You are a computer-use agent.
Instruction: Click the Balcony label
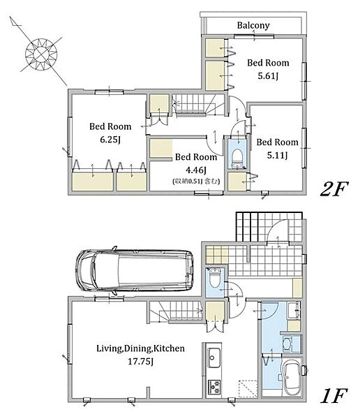pyautogui.click(x=253, y=25)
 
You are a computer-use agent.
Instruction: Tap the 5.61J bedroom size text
pyautogui.click(x=268, y=76)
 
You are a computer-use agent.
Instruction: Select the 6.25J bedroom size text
pyautogui.click(x=110, y=139)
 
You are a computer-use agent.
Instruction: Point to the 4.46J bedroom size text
pyautogui.click(x=196, y=170)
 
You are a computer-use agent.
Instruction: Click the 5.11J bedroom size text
pyautogui.click(x=277, y=155)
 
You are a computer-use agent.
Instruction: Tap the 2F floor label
pyautogui.click(x=334, y=189)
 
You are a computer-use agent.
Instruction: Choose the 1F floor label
pyautogui.click(x=333, y=396)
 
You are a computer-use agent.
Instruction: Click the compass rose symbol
pyautogui.click(x=41, y=54)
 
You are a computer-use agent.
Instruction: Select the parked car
pyautogui.click(x=135, y=270)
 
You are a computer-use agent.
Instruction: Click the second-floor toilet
pyautogui.click(x=237, y=158)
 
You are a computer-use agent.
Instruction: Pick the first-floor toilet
pyautogui.click(x=215, y=278)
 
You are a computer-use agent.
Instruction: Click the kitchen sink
pyautogui.click(x=214, y=358)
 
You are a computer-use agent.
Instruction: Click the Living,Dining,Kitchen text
pyautogui.click(x=140, y=348)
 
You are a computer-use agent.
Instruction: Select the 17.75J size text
pyautogui.click(x=140, y=362)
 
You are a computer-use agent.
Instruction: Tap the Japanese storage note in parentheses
pyautogui.click(x=196, y=181)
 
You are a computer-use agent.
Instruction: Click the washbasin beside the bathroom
pyautogui.click(x=287, y=344)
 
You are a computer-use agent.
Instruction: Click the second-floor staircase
pyautogui.click(x=199, y=105)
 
